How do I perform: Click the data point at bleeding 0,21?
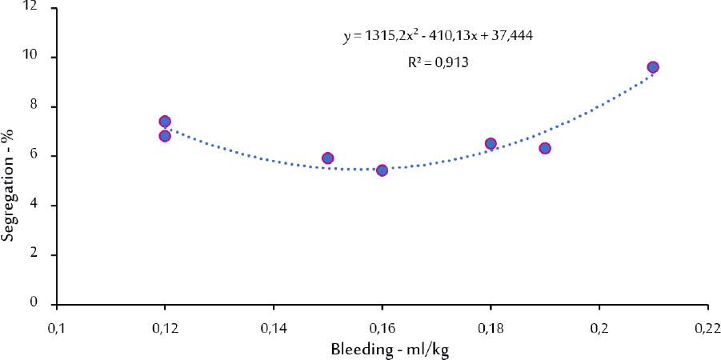tap(653, 67)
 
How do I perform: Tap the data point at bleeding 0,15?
tap(327, 158)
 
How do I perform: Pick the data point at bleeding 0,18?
tap(491, 144)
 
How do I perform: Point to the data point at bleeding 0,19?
tap(545, 148)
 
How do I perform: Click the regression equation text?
tap(439, 37)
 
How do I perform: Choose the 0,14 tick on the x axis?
tap(273, 327)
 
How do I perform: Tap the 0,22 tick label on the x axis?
tap(707, 327)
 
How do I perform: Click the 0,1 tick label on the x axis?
tap(56, 327)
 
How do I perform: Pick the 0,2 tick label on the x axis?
tap(599, 327)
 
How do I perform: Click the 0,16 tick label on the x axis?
tap(382, 327)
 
